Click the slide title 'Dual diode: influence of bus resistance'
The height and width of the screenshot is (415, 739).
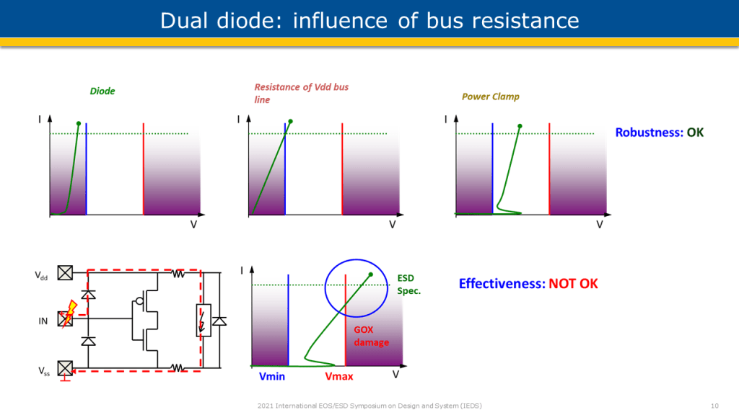coord(369,21)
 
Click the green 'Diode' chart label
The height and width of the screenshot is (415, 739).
coord(102,91)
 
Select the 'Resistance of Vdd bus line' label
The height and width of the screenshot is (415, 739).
coord(301,93)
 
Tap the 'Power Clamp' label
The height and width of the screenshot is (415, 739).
coord(491,97)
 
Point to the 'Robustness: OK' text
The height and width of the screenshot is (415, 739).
coord(660,133)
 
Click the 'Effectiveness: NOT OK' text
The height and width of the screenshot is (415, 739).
coord(528,283)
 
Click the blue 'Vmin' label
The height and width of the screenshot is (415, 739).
coord(272,376)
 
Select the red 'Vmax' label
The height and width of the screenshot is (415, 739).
coord(339,376)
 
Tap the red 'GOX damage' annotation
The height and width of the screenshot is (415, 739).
coord(372,336)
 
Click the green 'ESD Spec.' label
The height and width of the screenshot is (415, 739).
coord(408,284)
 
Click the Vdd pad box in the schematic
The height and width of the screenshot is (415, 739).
coord(65,272)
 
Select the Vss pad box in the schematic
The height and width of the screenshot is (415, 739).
coord(65,368)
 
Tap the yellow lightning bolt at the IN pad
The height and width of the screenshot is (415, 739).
coord(69,313)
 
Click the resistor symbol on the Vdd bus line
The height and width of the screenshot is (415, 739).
coord(178,273)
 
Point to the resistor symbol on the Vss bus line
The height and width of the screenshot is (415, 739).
coord(177,367)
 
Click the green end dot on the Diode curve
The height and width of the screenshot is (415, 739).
coord(79,124)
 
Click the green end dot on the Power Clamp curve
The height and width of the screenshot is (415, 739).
coord(520,126)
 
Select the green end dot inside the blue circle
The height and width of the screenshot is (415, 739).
coord(371,275)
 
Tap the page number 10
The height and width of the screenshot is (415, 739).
coord(714,406)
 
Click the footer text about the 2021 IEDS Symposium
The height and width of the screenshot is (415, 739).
coord(369,406)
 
